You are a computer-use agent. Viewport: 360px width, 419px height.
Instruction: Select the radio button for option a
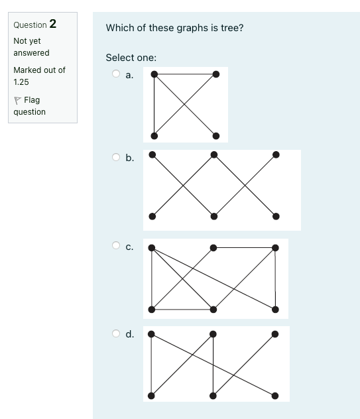(116, 74)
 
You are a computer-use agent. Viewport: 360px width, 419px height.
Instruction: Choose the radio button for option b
(116, 157)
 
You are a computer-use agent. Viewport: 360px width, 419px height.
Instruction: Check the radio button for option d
(116, 333)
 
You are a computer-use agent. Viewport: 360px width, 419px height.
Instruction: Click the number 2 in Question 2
(52, 24)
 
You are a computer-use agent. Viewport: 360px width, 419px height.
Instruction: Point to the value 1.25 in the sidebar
(20, 82)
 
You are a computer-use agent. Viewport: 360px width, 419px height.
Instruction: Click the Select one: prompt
(131, 58)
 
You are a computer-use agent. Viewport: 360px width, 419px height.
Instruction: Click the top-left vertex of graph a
(154, 74)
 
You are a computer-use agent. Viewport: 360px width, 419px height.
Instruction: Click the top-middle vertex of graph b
(213, 155)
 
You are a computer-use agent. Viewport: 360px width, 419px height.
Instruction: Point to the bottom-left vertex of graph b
(152, 216)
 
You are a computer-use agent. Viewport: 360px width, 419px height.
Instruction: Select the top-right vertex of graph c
(275, 248)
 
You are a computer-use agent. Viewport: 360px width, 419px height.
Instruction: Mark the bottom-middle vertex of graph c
(213, 310)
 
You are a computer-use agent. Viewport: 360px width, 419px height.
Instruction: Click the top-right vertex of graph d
(275, 334)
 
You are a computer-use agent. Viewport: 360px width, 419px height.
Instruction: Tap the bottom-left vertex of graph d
(152, 396)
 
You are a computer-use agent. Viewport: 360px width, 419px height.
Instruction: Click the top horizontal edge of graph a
(184, 74)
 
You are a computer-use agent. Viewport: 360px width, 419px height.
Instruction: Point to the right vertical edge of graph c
(275, 278)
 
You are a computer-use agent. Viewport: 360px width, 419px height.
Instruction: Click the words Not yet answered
(31, 46)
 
